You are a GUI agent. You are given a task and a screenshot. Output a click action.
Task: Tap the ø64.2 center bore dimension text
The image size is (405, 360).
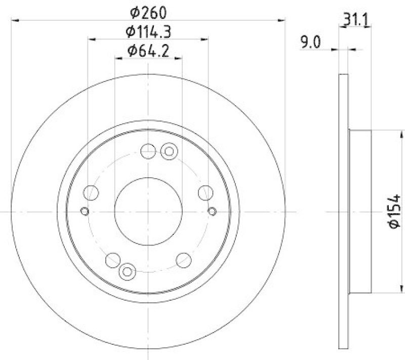point(147,51)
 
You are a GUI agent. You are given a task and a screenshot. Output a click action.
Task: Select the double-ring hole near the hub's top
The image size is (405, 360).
point(169,150)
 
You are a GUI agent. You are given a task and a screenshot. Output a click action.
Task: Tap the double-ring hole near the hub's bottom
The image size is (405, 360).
point(126,272)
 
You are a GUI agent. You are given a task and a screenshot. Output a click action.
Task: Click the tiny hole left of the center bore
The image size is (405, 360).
point(85,211)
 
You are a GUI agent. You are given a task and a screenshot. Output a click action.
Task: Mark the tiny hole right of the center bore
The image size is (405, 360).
point(212,211)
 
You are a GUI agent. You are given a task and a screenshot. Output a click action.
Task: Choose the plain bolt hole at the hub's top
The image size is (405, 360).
point(148,150)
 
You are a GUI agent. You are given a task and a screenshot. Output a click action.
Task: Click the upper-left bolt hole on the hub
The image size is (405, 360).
point(91,192)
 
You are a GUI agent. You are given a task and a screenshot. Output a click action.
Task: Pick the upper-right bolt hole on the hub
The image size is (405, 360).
point(205,192)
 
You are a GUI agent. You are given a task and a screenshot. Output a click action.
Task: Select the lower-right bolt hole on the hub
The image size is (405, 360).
point(183,260)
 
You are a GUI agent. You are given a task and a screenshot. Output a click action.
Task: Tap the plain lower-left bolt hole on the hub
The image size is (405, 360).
point(112,260)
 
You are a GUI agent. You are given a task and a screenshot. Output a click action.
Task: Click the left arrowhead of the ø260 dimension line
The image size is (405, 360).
point(14,20)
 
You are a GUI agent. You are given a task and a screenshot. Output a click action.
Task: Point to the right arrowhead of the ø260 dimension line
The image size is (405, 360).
point(281,20)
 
